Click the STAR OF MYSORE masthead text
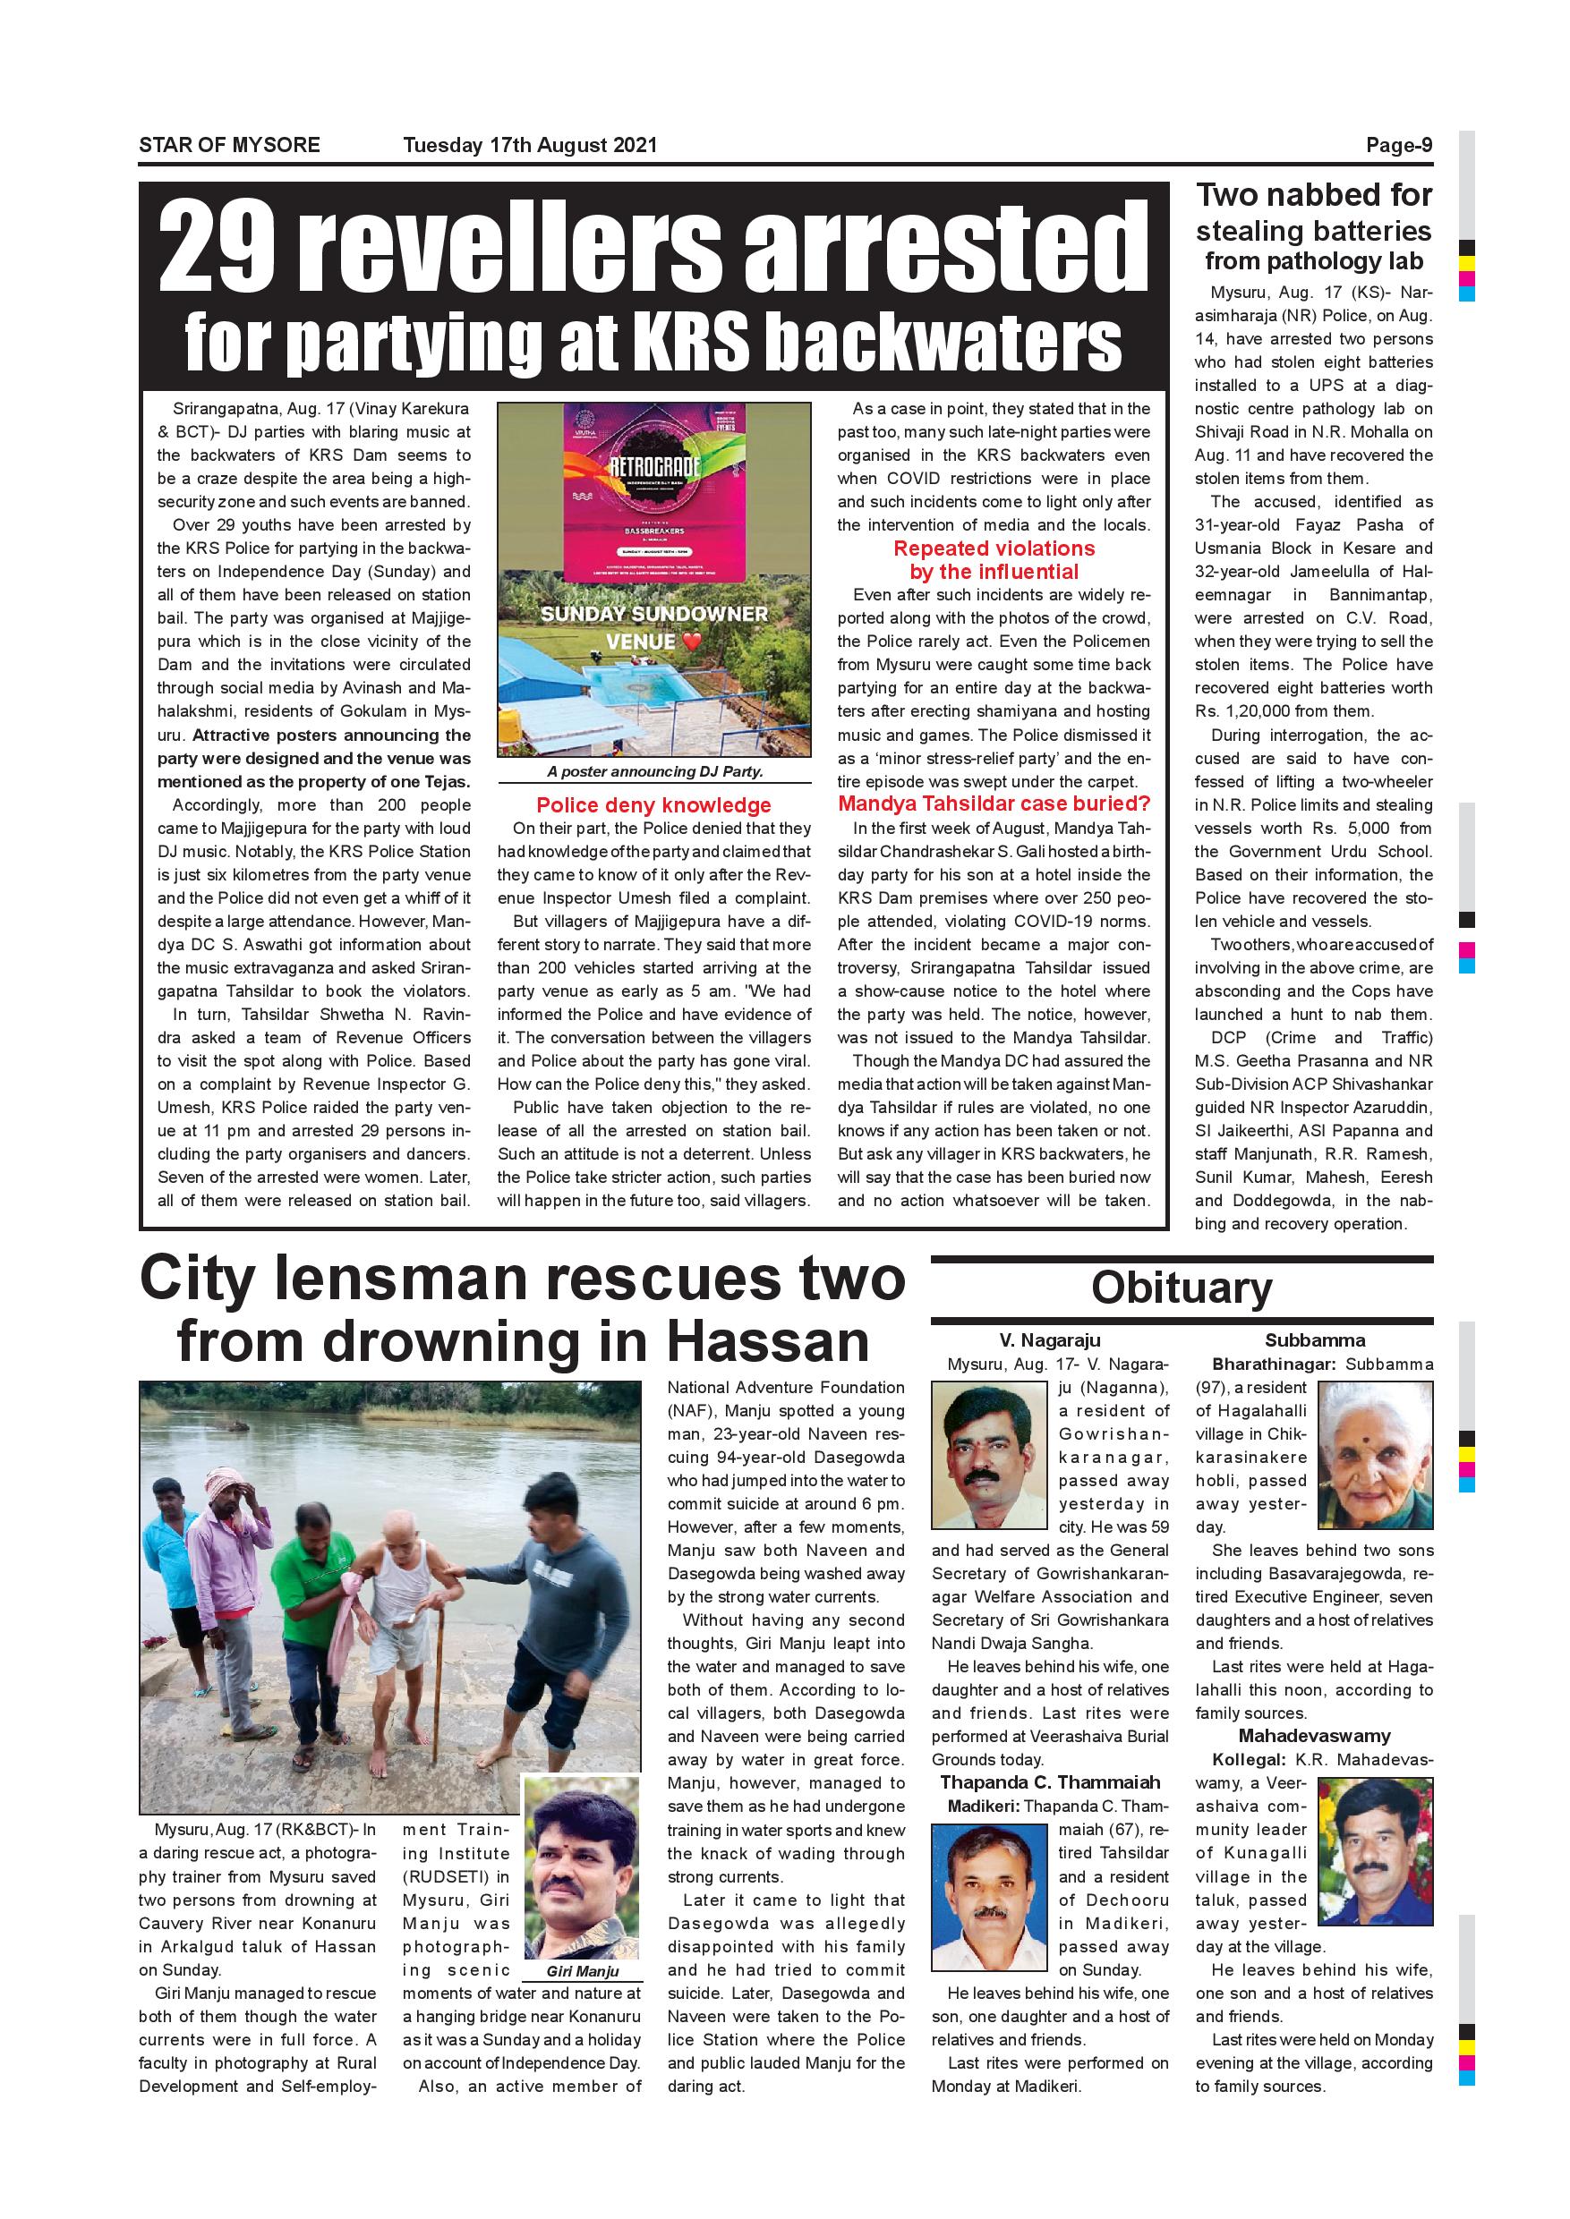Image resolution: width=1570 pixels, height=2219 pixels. point(229,145)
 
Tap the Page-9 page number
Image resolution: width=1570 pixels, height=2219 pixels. point(1398,145)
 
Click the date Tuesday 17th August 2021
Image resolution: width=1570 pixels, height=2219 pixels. point(530,145)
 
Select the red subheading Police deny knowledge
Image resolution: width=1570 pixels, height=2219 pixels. point(653,805)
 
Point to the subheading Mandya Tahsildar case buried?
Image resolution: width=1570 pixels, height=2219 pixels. point(994,803)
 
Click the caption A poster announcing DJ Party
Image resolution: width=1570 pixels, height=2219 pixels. point(654,771)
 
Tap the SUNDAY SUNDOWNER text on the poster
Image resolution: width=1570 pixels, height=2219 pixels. point(653,614)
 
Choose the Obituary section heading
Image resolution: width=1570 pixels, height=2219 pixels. point(1182,1288)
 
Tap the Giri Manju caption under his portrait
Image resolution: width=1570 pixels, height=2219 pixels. point(582,1971)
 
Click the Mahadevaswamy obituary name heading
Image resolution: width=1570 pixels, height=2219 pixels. point(1314,1736)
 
